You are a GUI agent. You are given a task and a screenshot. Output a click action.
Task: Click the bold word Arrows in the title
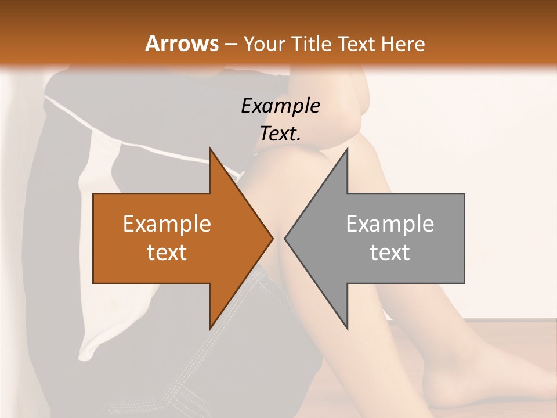point(182,44)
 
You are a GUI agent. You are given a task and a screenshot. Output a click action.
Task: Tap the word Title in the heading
point(313,44)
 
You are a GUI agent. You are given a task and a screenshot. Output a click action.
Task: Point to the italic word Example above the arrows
point(280,106)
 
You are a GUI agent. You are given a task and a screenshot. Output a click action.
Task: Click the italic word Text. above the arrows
point(280,134)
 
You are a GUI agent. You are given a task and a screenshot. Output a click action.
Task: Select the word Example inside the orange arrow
point(167,224)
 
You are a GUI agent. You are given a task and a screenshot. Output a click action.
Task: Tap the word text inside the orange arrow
point(167,252)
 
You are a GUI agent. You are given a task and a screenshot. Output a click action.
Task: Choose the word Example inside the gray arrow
point(390,224)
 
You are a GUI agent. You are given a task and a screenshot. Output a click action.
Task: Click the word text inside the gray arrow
point(390,252)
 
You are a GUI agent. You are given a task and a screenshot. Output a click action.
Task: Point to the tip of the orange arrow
point(273,238)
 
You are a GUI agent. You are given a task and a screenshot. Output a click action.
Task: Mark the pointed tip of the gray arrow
point(285,238)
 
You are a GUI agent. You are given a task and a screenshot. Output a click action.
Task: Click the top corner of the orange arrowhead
point(210,149)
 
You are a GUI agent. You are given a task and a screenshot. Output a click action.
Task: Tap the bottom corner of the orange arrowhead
point(210,328)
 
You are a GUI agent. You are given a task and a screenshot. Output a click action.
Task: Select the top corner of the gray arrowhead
point(347,149)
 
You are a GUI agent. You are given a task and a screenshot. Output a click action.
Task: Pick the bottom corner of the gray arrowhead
point(347,328)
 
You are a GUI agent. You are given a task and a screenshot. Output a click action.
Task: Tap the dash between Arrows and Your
point(230,44)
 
